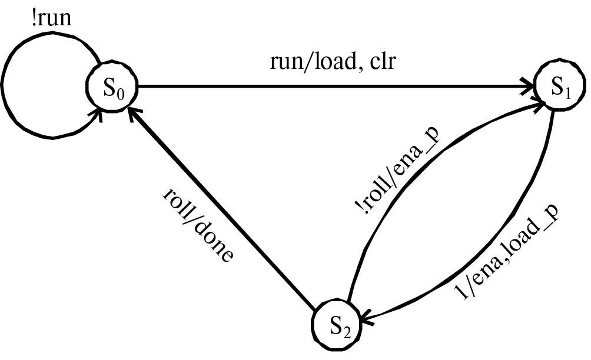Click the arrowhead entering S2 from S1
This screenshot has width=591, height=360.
coord(368,321)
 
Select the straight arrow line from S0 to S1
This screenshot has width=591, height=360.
coord(330,89)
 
